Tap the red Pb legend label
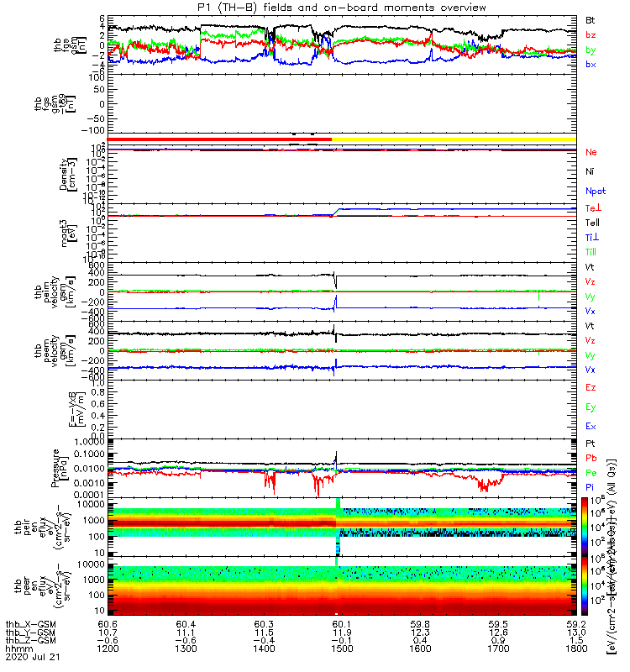click(591, 457)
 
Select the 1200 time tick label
click(107, 649)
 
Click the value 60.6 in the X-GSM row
click(107, 623)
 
